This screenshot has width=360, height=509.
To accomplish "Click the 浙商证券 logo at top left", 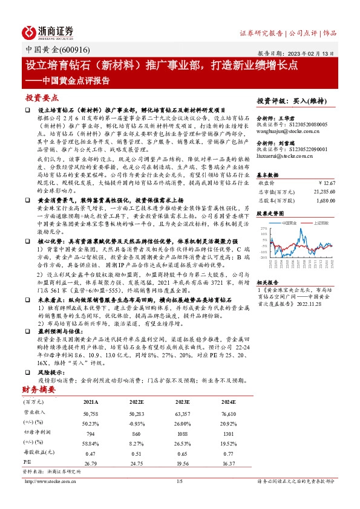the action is click(48, 32).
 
